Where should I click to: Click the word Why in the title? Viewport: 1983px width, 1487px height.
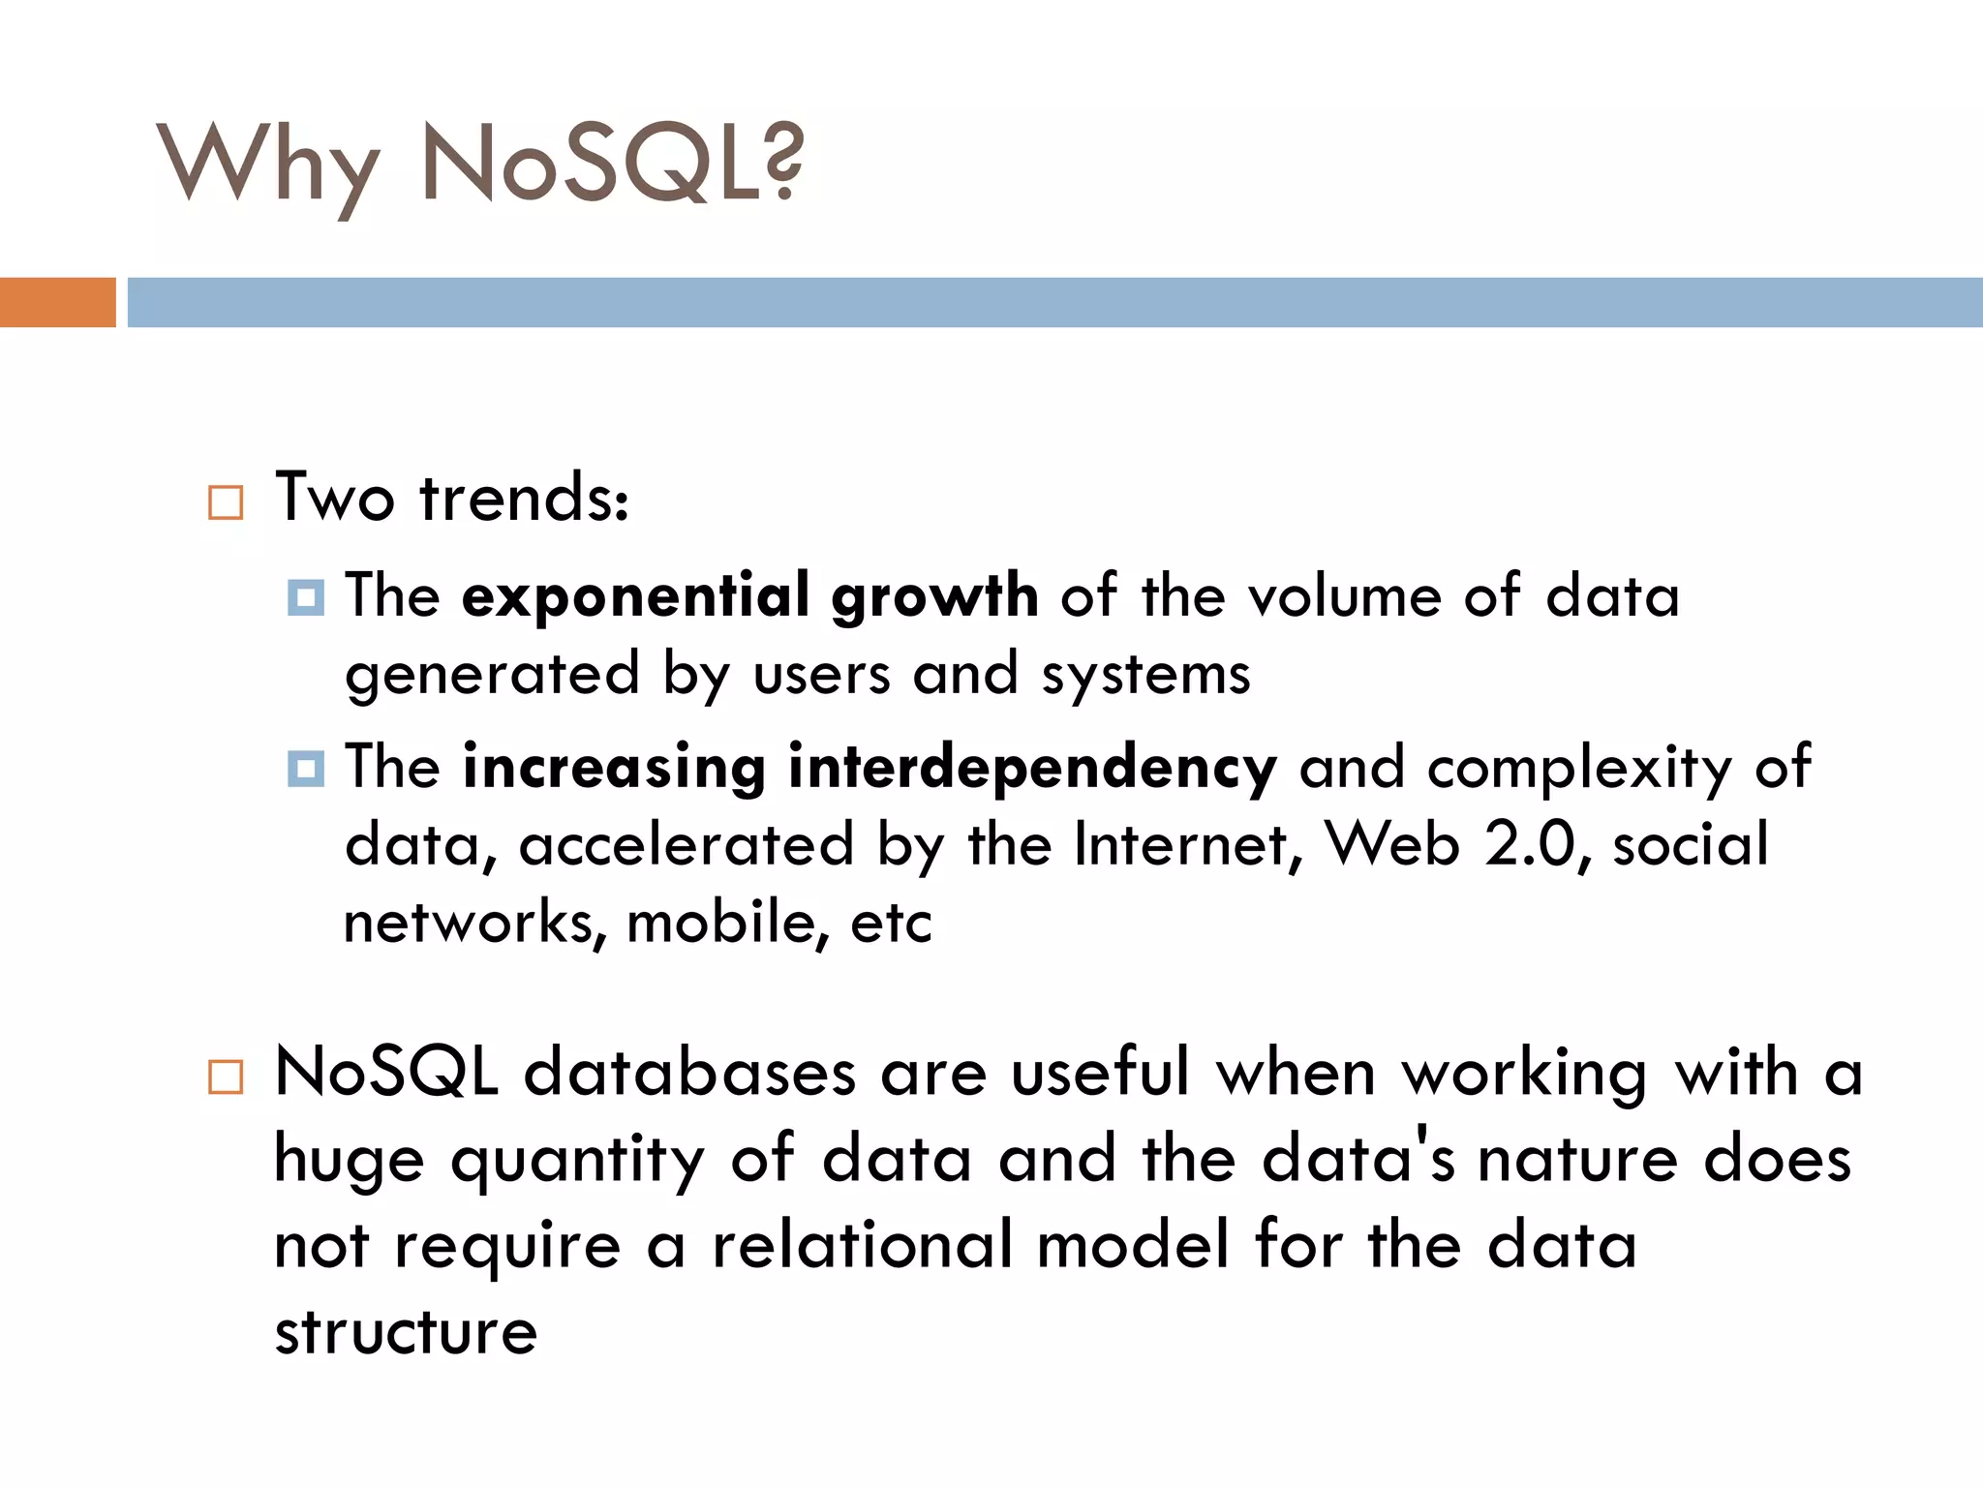pos(266,165)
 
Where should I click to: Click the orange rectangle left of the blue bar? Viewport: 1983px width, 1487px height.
pos(57,302)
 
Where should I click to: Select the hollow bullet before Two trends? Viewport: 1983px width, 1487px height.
pos(226,502)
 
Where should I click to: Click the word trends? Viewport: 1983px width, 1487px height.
pos(524,499)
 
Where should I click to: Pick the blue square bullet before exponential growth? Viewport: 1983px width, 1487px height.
pos(306,597)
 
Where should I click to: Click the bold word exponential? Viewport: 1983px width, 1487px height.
pos(635,596)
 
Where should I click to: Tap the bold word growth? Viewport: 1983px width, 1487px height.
pos(934,596)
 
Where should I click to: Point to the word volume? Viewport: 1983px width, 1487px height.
pos(1345,596)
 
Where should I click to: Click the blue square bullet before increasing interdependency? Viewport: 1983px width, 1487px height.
pos(306,770)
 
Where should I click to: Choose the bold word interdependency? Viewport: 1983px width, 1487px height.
pos(1032,769)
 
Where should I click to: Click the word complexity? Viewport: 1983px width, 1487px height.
pos(1579,769)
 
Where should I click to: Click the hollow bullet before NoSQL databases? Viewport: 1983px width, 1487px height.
pos(226,1077)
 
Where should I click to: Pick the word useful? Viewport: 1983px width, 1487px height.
pos(1100,1074)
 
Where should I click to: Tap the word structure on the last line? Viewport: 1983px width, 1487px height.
pos(406,1333)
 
